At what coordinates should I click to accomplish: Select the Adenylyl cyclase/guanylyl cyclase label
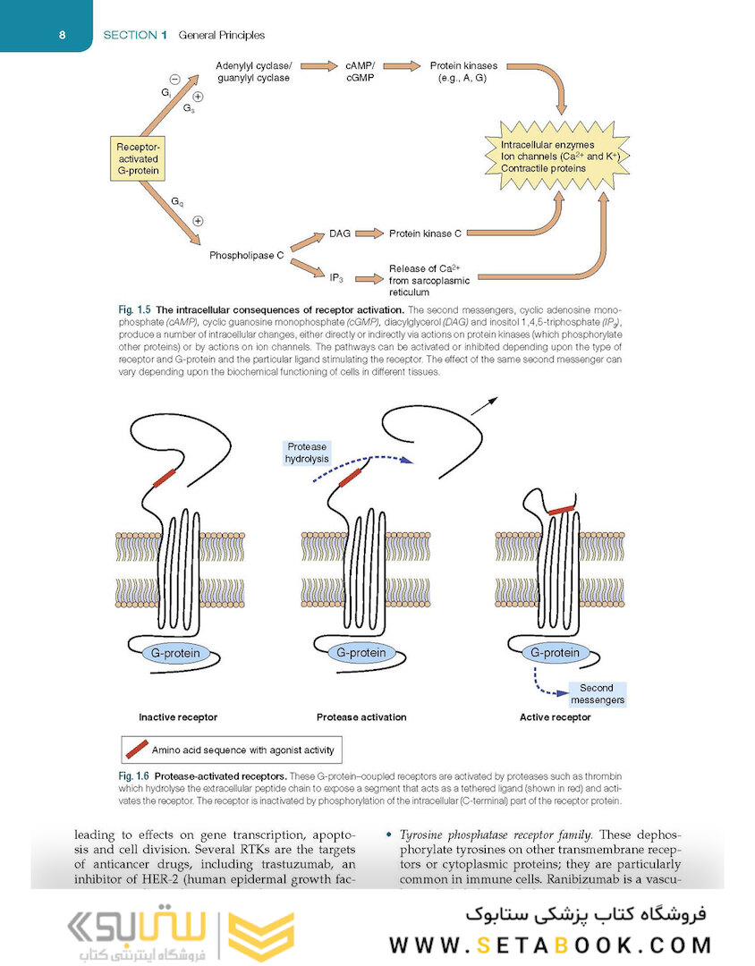coord(253,72)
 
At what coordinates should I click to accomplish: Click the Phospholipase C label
coord(246,255)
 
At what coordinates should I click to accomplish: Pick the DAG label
coord(339,233)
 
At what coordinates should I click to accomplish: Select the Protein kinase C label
coord(425,233)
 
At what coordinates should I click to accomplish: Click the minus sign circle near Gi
coord(174,79)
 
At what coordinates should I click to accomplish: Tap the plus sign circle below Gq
coord(198,221)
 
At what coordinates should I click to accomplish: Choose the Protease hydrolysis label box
coord(307,452)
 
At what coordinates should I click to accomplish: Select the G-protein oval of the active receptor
coord(555,653)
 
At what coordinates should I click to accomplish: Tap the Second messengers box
coord(597,694)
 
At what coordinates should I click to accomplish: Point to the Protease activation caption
coord(361,717)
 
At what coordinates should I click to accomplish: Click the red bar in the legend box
coord(137,749)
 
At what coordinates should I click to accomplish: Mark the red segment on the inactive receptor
coord(165,479)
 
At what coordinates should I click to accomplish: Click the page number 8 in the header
coord(60,35)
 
